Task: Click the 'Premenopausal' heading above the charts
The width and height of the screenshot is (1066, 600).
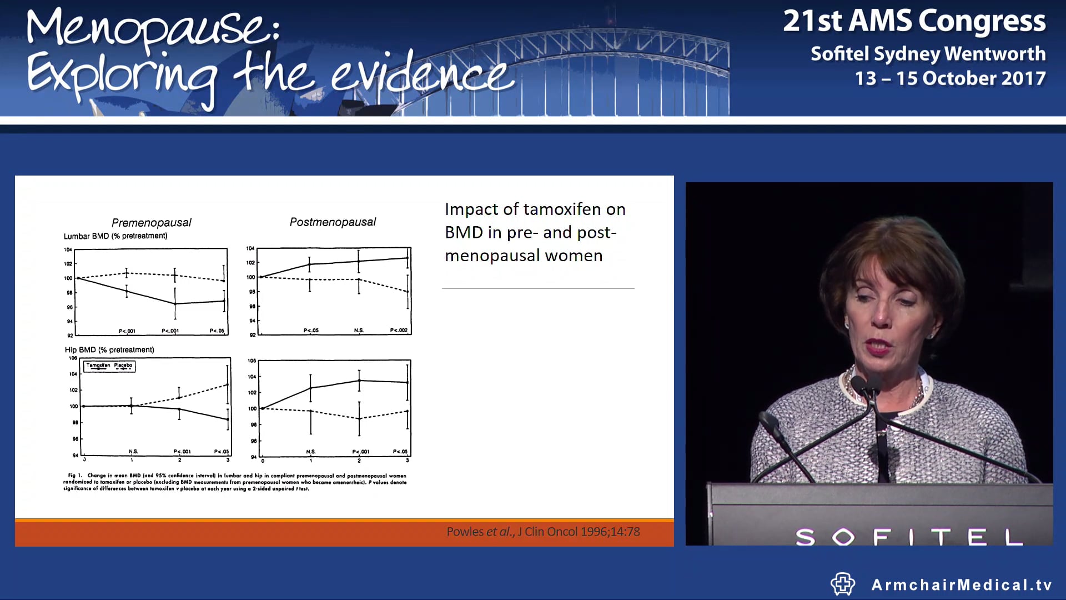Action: pyautogui.click(x=151, y=223)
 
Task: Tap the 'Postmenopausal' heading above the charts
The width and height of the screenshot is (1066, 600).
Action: pyautogui.click(x=333, y=222)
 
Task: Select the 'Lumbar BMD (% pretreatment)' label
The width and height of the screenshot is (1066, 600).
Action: pyautogui.click(x=115, y=236)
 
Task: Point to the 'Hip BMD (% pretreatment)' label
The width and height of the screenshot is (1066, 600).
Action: pyautogui.click(x=109, y=350)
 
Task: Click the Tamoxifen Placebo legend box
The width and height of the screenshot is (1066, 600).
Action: pyautogui.click(x=109, y=366)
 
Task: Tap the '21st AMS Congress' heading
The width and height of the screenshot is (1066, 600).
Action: pyautogui.click(x=914, y=21)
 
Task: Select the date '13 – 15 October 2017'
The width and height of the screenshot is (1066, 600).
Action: pyautogui.click(x=950, y=78)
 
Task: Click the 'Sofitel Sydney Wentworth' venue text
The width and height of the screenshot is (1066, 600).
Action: pyautogui.click(x=928, y=53)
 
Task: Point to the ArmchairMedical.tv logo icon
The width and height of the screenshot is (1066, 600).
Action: pyautogui.click(x=842, y=584)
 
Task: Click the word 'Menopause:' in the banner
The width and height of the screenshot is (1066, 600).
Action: pyautogui.click(x=153, y=29)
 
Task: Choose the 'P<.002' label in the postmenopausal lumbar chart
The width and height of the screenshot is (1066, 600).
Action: pyautogui.click(x=399, y=331)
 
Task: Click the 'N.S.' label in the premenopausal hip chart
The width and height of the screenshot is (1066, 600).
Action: pyautogui.click(x=133, y=452)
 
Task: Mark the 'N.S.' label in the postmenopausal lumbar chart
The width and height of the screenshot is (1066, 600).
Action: pyautogui.click(x=359, y=331)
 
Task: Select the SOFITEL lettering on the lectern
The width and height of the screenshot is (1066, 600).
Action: pyautogui.click(x=908, y=537)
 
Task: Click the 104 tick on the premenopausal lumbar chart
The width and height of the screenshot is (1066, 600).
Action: pyautogui.click(x=68, y=250)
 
